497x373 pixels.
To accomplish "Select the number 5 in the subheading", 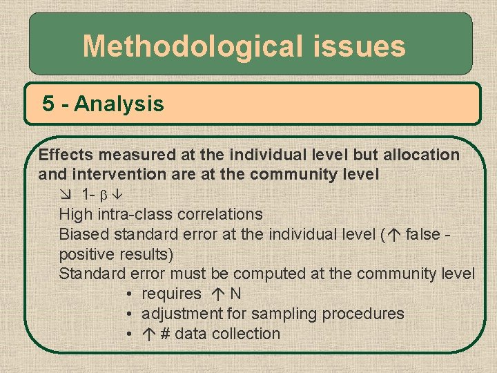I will (x=48, y=104).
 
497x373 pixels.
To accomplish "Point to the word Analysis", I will (x=119, y=104).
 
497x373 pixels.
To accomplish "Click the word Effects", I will (x=64, y=155).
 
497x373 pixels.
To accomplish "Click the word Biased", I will (x=84, y=234).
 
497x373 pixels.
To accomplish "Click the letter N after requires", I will (x=236, y=294).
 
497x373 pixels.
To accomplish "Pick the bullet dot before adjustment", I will (x=130, y=314).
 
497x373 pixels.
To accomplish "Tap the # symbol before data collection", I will (x=166, y=334).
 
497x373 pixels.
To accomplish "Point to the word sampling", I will (x=284, y=314).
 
